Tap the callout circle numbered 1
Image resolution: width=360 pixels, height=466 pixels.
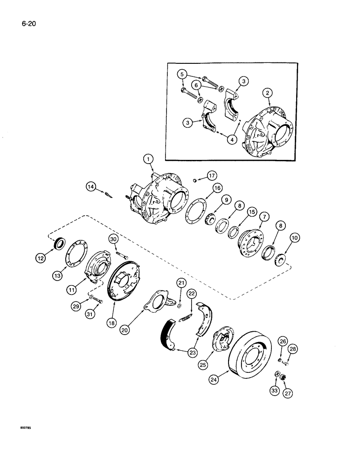148,160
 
